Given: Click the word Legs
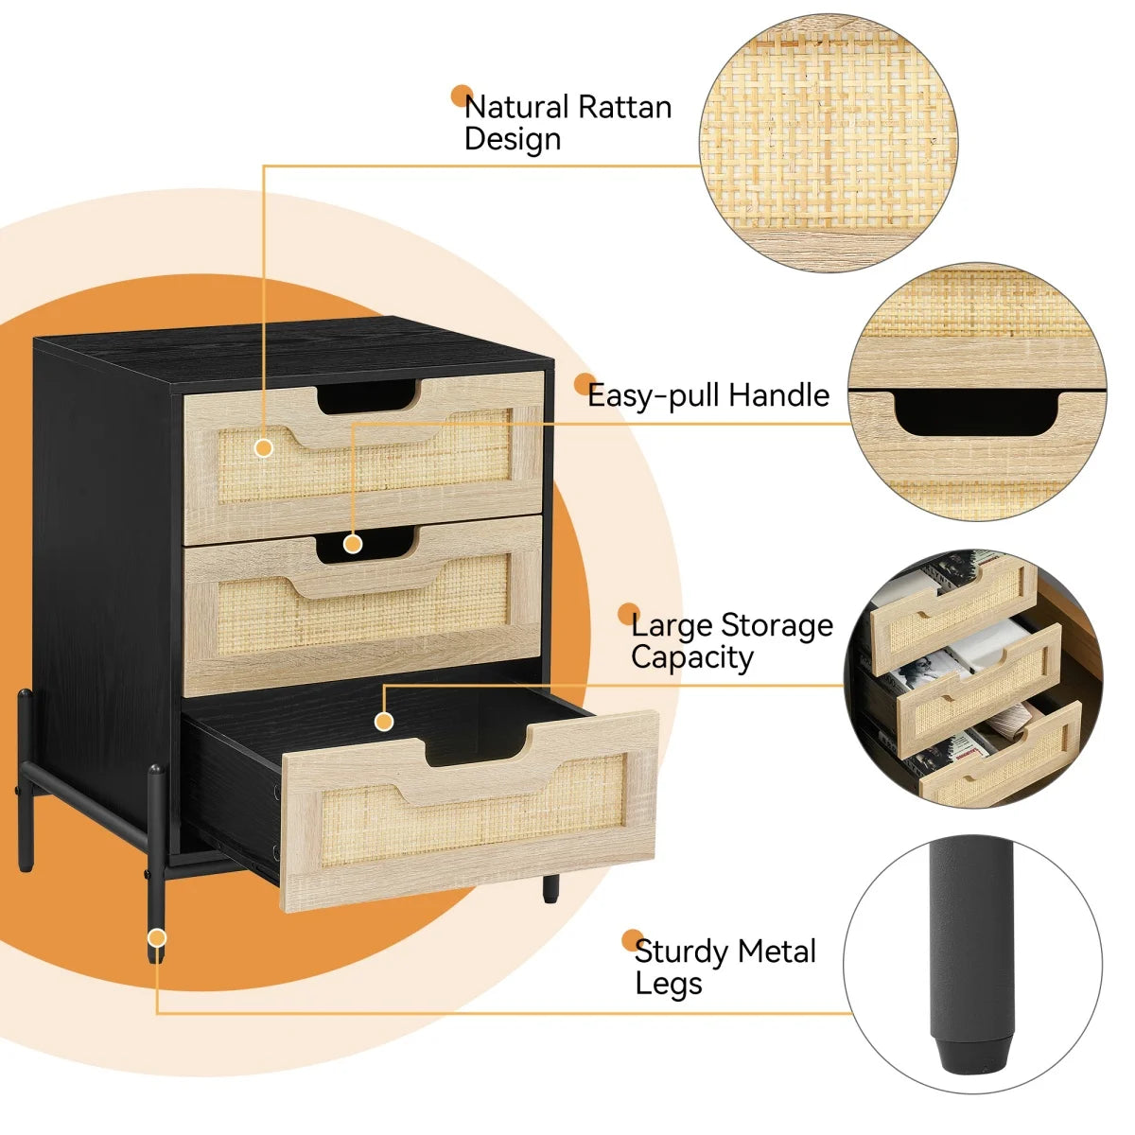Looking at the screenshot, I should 669,983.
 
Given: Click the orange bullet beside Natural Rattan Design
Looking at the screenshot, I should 462,96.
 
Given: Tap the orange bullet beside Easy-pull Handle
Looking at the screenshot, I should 585,384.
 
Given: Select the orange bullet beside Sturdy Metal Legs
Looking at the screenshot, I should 632,940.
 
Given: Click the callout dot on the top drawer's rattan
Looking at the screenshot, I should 264,447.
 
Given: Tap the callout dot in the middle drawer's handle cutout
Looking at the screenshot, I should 353,544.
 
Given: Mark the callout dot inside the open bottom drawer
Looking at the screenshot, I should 383,722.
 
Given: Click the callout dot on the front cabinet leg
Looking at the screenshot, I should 157,937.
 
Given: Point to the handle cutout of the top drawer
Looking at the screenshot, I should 369,396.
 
